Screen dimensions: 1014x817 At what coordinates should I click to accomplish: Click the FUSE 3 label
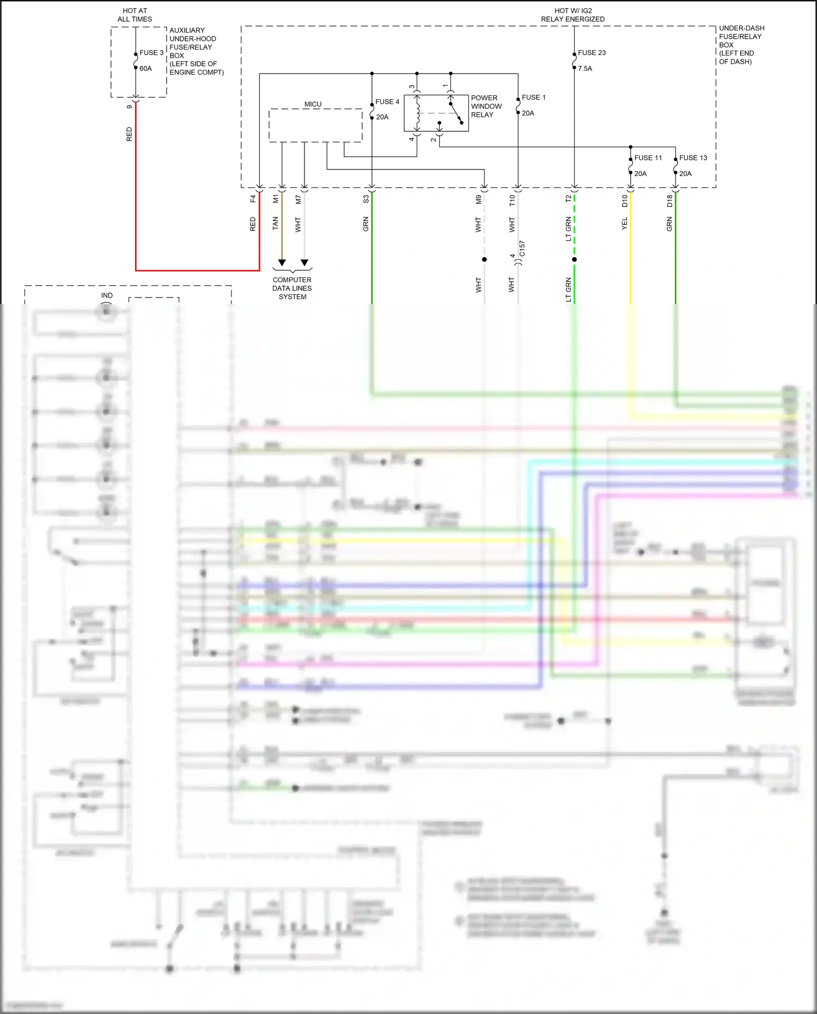151,53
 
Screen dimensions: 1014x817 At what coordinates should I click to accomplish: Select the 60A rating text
145,69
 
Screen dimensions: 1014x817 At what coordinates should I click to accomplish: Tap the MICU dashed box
315,125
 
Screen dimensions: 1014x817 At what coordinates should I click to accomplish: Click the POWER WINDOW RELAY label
486,106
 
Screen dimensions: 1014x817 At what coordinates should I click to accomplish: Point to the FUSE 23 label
592,53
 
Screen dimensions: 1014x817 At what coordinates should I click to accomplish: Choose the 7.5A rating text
585,69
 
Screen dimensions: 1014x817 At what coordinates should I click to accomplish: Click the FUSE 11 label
648,158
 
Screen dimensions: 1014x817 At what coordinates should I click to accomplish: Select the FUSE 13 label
693,158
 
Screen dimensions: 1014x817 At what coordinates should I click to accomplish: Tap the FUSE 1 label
533,98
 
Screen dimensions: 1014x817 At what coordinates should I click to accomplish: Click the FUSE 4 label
387,102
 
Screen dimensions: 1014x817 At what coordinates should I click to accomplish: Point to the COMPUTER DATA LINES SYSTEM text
292,288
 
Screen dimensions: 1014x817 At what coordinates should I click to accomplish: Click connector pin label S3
366,199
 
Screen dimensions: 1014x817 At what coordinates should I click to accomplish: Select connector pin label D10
625,201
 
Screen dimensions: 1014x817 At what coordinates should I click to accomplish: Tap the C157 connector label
522,248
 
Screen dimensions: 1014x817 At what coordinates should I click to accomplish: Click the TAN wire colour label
275,223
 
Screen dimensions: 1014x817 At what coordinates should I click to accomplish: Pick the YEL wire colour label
625,223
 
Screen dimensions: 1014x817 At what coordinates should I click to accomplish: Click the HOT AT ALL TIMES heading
135,15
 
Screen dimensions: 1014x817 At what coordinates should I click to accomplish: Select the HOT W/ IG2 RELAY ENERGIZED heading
572,15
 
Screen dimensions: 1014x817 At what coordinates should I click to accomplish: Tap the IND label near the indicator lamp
107,295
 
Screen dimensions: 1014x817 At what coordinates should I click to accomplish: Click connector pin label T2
568,199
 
